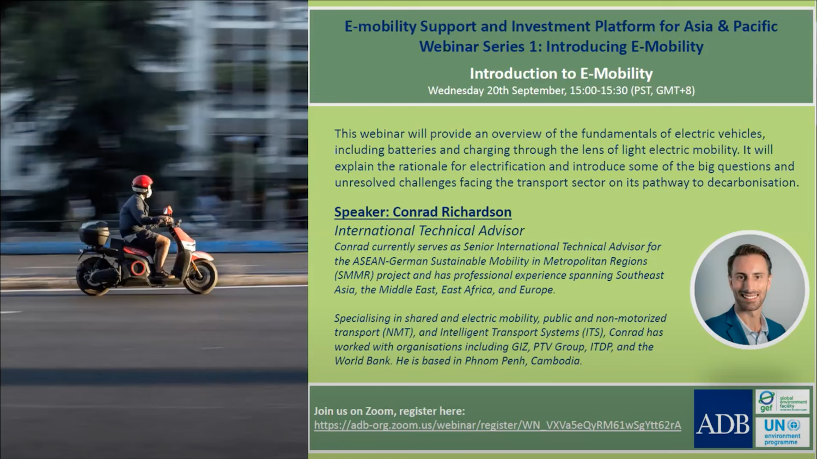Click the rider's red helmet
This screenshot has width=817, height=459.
tap(142, 183)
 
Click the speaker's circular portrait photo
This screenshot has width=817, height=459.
tap(749, 289)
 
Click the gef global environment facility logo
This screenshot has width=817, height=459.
tap(782, 402)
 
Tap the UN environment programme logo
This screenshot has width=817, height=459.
tap(782, 432)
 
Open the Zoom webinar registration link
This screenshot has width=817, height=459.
tap(497, 425)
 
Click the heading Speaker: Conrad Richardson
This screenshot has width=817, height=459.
tap(423, 212)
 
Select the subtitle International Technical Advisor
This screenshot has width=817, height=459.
tap(429, 231)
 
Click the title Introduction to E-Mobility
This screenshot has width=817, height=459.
tap(561, 74)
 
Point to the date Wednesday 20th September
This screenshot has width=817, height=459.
tap(496, 90)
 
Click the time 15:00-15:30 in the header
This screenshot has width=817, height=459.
tap(599, 90)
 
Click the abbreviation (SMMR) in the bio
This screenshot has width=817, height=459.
tap(353, 275)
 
